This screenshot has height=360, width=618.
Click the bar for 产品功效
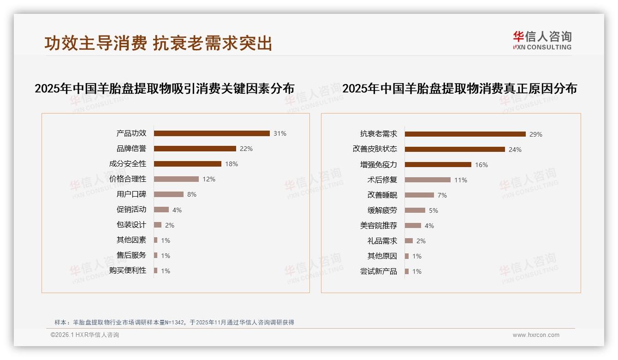(x=212, y=133)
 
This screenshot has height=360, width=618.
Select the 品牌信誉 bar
(x=195, y=149)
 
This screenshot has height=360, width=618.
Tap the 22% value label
(x=246, y=149)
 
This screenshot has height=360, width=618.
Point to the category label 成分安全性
(x=128, y=163)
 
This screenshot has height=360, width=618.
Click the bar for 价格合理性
(x=176, y=179)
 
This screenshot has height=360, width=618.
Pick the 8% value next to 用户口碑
(x=192, y=194)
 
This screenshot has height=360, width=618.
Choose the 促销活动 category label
(x=131, y=209)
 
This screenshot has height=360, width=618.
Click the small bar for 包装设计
(x=158, y=225)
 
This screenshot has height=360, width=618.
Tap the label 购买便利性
(x=128, y=270)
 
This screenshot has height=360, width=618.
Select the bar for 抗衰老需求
(x=465, y=134)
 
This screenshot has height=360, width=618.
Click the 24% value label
(x=515, y=150)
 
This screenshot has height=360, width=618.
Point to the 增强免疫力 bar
(x=438, y=165)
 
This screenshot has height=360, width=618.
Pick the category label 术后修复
(x=382, y=180)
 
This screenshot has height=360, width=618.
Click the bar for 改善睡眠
(x=419, y=195)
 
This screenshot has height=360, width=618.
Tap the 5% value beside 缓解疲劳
(x=434, y=210)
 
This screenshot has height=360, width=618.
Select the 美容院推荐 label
(x=379, y=225)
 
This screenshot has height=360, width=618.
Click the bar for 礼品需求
(x=409, y=241)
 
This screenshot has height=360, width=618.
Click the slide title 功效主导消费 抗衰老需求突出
(x=158, y=43)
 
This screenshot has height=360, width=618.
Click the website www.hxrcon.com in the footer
(x=536, y=335)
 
